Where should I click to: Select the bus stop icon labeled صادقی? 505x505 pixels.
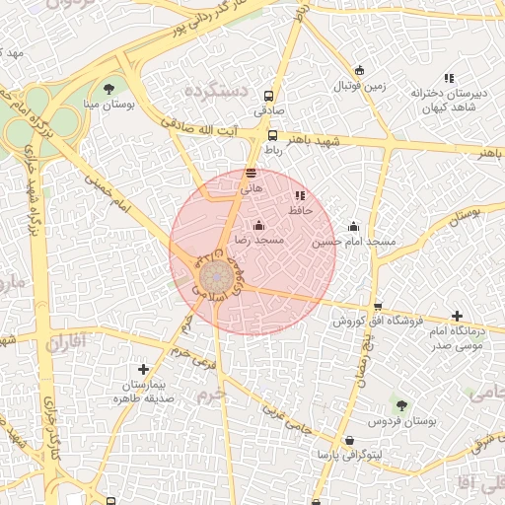(x=268, y=96)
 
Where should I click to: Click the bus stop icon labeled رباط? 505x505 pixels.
(x=272, y=136)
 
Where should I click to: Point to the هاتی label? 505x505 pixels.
(x=252, y=186)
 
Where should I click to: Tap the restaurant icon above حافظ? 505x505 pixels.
(x=300, y=195)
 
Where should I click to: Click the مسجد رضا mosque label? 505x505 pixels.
(x=257, y=240)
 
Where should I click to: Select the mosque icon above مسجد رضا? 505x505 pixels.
(x=258, y=225)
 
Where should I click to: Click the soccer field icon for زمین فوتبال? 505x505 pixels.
(x=359, y=70)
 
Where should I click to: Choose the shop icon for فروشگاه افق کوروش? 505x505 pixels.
(x=377, y=307)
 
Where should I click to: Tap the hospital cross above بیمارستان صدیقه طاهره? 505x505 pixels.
(x=144, y=368)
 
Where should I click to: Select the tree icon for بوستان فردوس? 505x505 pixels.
(x=400, y=404)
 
